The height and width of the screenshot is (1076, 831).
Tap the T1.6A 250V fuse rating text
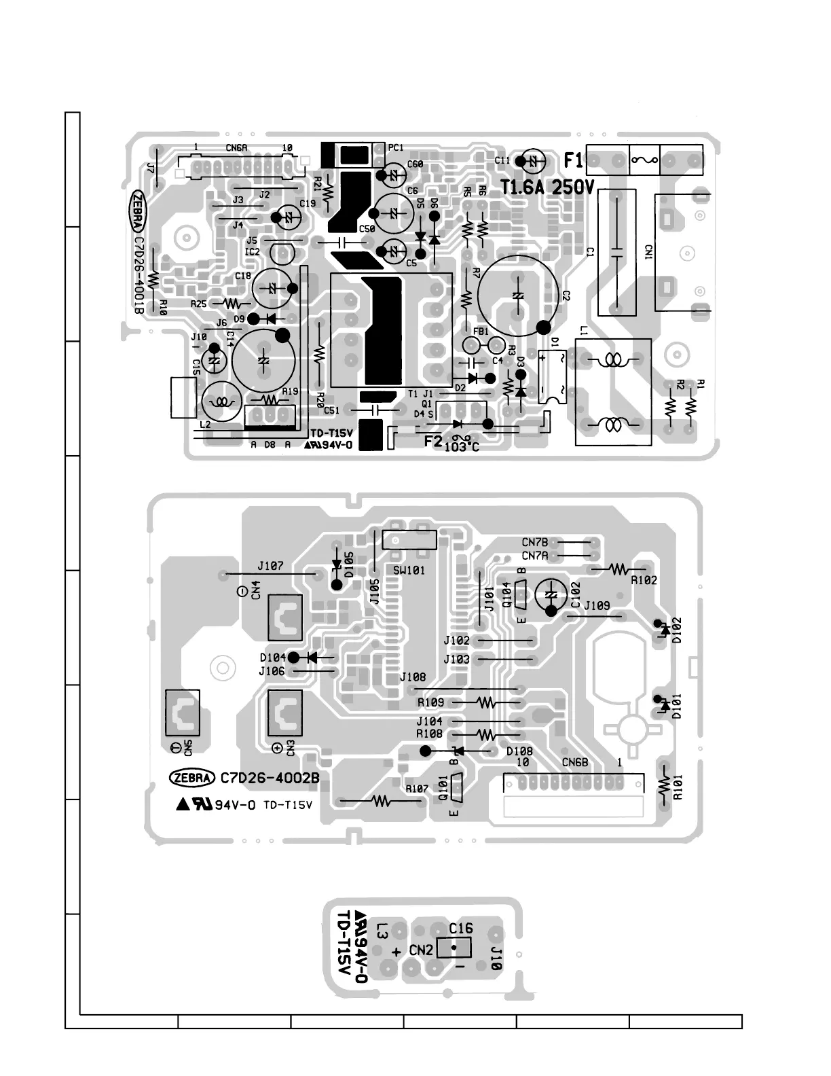pos(547,187)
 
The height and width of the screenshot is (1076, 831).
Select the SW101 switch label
pos(409,571)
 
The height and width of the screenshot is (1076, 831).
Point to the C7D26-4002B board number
pos(270,778)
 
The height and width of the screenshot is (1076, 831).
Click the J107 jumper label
pos(270,565)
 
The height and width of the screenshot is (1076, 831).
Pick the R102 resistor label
pos(644,580)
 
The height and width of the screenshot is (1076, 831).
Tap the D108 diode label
pos(519,751)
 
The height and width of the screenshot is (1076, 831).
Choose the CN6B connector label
pos(574,762)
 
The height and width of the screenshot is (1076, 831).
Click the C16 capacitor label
pos(461,929)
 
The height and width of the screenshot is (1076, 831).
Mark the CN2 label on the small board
pos(421,950)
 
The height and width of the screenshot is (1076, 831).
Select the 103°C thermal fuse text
pos(462,447)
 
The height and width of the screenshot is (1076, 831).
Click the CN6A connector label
pos(236,147)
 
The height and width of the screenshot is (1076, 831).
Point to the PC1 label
pos(396,147)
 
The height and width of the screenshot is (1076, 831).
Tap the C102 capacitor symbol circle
pos(551,594)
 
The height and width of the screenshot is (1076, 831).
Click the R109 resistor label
pos(430,702)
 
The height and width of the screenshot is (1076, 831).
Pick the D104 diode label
pos(273,658)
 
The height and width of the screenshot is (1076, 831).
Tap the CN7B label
pos(535,542)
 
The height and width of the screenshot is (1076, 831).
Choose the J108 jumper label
pos(413,677)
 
